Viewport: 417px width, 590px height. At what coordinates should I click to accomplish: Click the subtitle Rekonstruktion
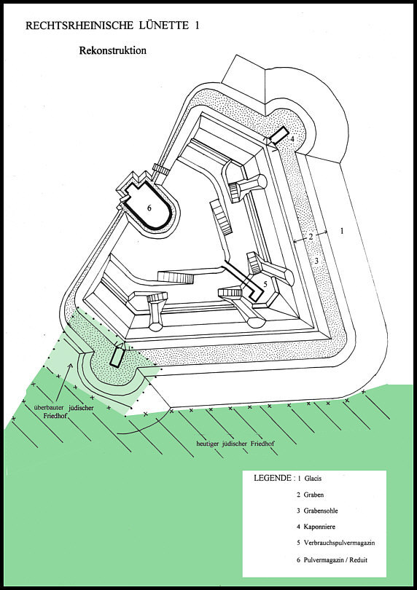point(112,50)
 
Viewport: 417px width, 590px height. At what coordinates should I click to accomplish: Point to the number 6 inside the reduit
point(149,208)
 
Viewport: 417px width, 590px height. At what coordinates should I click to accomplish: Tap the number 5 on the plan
point(265,284)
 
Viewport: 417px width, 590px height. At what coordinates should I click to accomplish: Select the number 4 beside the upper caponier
point(292,139)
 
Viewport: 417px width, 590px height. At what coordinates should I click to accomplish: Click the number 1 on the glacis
point(342,231)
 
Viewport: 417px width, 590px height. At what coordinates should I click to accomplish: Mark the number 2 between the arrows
point(311,237)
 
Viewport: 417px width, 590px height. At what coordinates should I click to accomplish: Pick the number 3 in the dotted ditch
point(316,260)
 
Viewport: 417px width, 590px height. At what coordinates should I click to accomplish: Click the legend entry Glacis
point(313,479)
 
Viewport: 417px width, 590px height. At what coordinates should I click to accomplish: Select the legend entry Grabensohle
point(321,511)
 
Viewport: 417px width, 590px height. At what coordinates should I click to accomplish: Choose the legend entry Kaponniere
point(319,527)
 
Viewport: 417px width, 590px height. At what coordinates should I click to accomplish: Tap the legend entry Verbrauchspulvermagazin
point(339,543)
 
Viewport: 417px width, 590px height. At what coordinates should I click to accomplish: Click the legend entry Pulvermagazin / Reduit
point(335,559)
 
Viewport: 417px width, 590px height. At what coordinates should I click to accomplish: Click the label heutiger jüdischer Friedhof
point(235,444)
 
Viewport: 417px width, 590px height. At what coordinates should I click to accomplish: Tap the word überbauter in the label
point(49,407)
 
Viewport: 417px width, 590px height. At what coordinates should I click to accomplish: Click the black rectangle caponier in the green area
point(117,356)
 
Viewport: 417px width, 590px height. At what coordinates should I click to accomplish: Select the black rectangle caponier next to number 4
point(279,135)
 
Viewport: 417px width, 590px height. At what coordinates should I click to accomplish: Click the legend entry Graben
point(313,495)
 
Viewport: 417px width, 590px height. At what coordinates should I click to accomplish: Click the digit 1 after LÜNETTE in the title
point(196,25)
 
